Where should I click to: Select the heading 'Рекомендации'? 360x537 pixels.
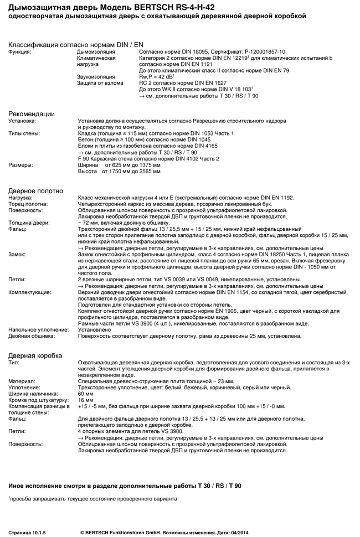point(32,113)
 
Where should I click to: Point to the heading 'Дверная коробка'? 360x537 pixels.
point(35,355)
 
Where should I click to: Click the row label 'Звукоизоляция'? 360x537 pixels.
point(96,76)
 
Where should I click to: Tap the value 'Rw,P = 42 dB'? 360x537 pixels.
point(157,76)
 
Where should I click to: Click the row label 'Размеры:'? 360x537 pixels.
point(20,165)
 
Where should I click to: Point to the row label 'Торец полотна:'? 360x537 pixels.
point(27,204)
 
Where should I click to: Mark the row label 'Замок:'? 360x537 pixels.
point(17,254)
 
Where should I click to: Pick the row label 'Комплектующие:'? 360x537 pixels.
point(30,292)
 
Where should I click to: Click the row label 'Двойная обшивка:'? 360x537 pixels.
point(30,335)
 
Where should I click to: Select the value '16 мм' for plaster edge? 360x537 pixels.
point(86,400)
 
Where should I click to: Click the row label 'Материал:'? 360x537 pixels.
point(22,381)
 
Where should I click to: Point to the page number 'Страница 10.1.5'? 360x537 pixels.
point(27,532)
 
